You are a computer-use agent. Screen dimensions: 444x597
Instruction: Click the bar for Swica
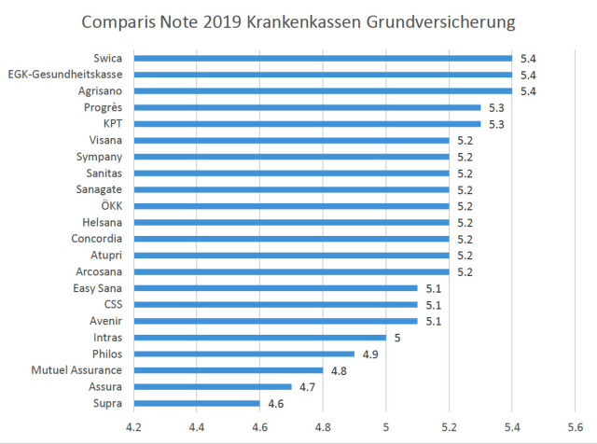[323, 58]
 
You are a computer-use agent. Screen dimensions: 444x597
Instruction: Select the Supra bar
[197, 404]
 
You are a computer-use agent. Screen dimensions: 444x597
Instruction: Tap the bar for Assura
[213, 387]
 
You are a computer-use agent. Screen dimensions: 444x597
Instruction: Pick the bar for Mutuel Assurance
[229, 370]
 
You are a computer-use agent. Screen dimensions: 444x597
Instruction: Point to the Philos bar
[244, 354]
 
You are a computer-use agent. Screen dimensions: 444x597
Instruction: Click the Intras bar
[260, 338]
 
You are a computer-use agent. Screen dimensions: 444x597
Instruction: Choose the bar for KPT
[307, 124]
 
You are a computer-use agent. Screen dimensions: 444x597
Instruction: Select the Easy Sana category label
[98, 288]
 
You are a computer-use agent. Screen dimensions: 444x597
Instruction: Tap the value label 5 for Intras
[396, 338]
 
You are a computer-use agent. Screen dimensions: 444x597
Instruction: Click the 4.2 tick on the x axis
[133, 428]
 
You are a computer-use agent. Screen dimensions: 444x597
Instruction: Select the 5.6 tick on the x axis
[575, 428]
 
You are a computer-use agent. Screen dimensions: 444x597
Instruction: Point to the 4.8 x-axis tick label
[323, 428]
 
